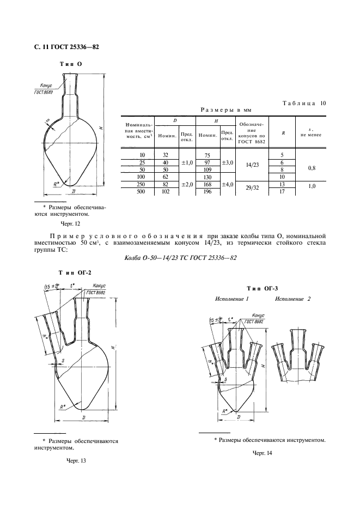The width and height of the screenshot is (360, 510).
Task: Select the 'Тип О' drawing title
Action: click(70, 64)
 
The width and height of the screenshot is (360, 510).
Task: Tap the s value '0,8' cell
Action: click(312, 168)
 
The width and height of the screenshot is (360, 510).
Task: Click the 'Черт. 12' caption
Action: click(71, 223)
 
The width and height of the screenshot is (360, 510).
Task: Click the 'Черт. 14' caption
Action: click(261, 453)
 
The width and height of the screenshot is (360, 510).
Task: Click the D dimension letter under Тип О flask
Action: click(72, 192)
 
